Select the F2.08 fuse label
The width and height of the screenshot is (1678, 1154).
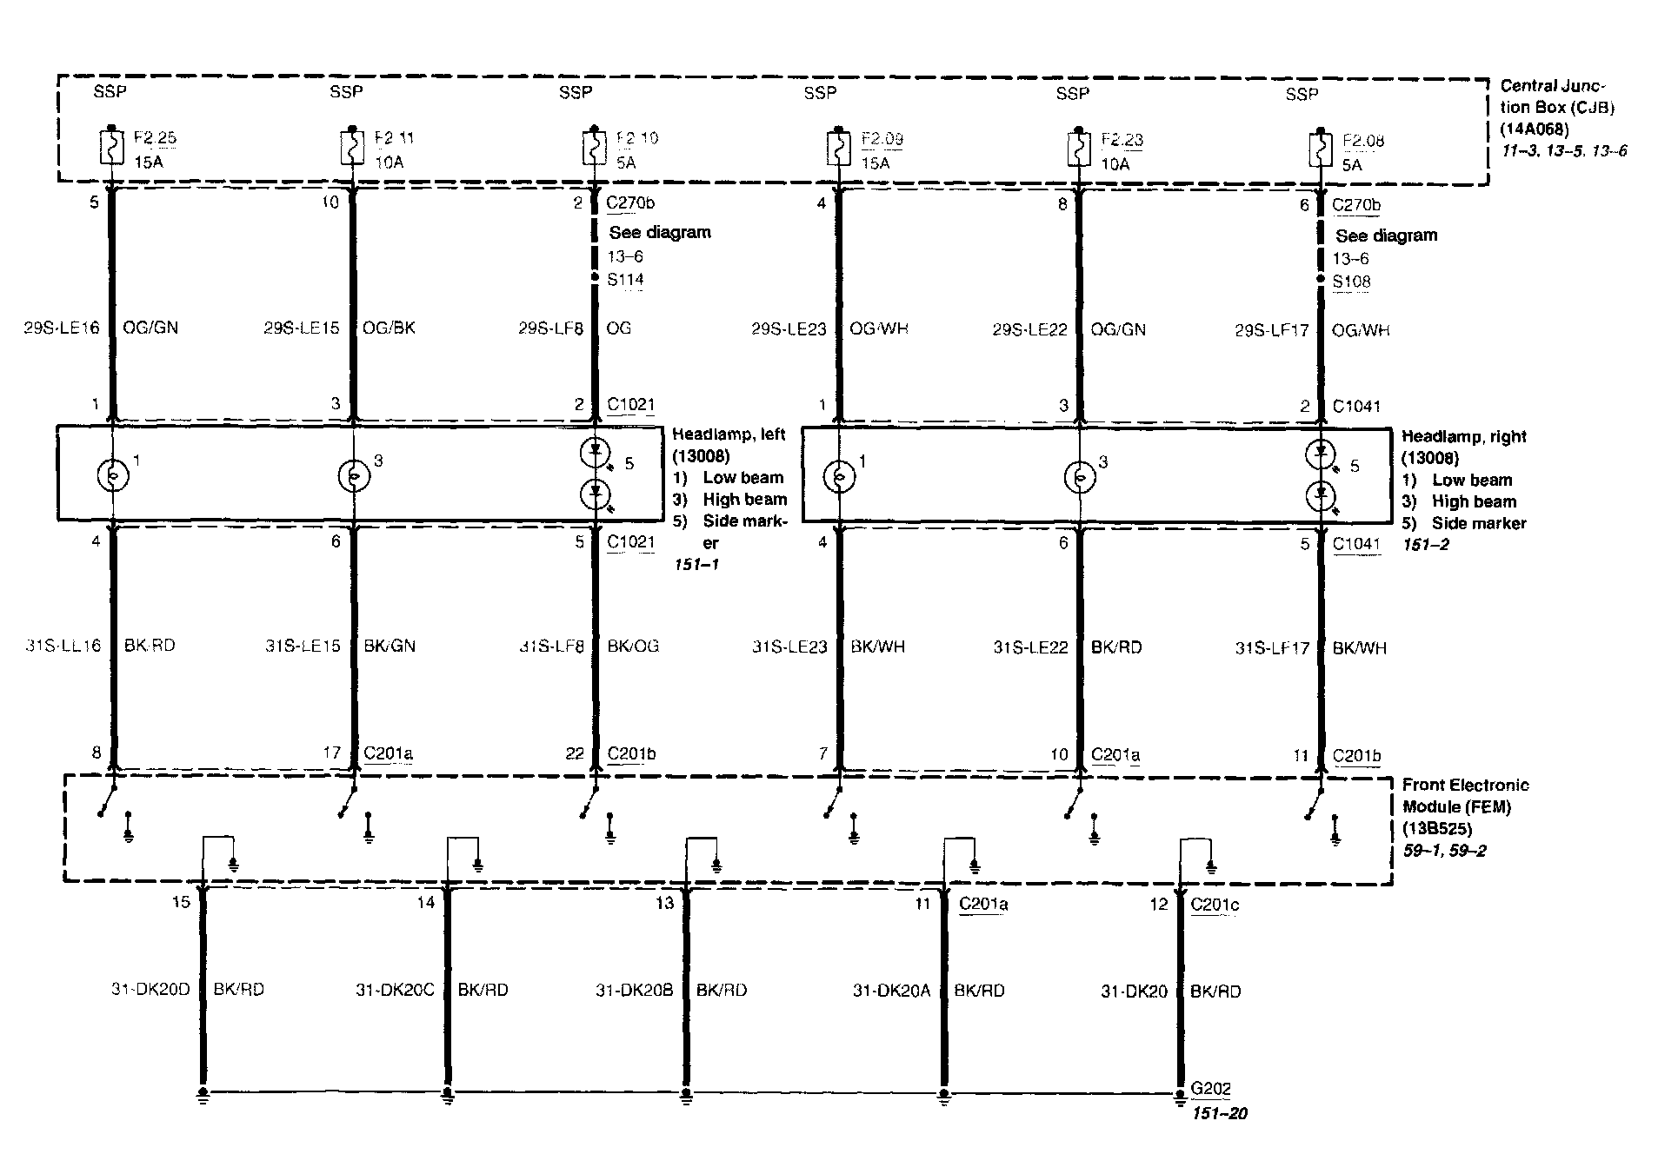(x=1363, y=141)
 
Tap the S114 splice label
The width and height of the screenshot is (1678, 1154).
(x=626, y=280)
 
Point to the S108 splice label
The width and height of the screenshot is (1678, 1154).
(x=1351, y=282)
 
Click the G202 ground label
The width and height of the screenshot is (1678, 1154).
(x=1210, y=1089)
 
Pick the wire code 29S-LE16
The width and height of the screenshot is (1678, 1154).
(x=62, y=328)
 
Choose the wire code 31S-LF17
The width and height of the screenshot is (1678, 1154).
(x=1272, y=647)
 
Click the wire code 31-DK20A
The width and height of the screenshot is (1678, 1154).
(x=891, y=990)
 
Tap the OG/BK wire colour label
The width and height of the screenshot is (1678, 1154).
(x=389, y=328)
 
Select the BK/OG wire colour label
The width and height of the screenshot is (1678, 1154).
(x=633, y=646)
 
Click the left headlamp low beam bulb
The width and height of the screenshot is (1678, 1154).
(x=113, y=475)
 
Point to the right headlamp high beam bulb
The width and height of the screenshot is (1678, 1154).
(x=1079, y=476)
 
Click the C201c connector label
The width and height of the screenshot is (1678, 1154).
(x=1215, y=905)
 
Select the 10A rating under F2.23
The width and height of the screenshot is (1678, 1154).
(x=1115, y=163)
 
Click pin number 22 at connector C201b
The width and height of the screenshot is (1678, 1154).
(x=574, y=753)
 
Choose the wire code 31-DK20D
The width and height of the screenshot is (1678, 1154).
(x=150, y=989)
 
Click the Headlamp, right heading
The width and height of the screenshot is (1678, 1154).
(x=1464, y=436)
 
